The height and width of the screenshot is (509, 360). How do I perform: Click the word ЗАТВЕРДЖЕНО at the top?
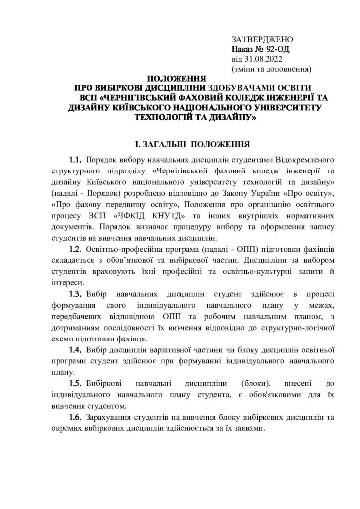(x=263, y=39)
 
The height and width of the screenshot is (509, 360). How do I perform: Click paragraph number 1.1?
(x=76, y=161)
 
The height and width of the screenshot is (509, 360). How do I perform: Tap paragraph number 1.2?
(x=76, y=248)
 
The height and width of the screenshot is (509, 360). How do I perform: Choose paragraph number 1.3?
(x=76, y=292)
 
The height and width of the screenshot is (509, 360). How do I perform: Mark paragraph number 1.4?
(x=76, y=350)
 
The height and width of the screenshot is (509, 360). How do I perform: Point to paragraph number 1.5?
(x=76, y=384)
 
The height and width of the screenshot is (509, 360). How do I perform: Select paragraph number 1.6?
(x=76, y=418)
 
